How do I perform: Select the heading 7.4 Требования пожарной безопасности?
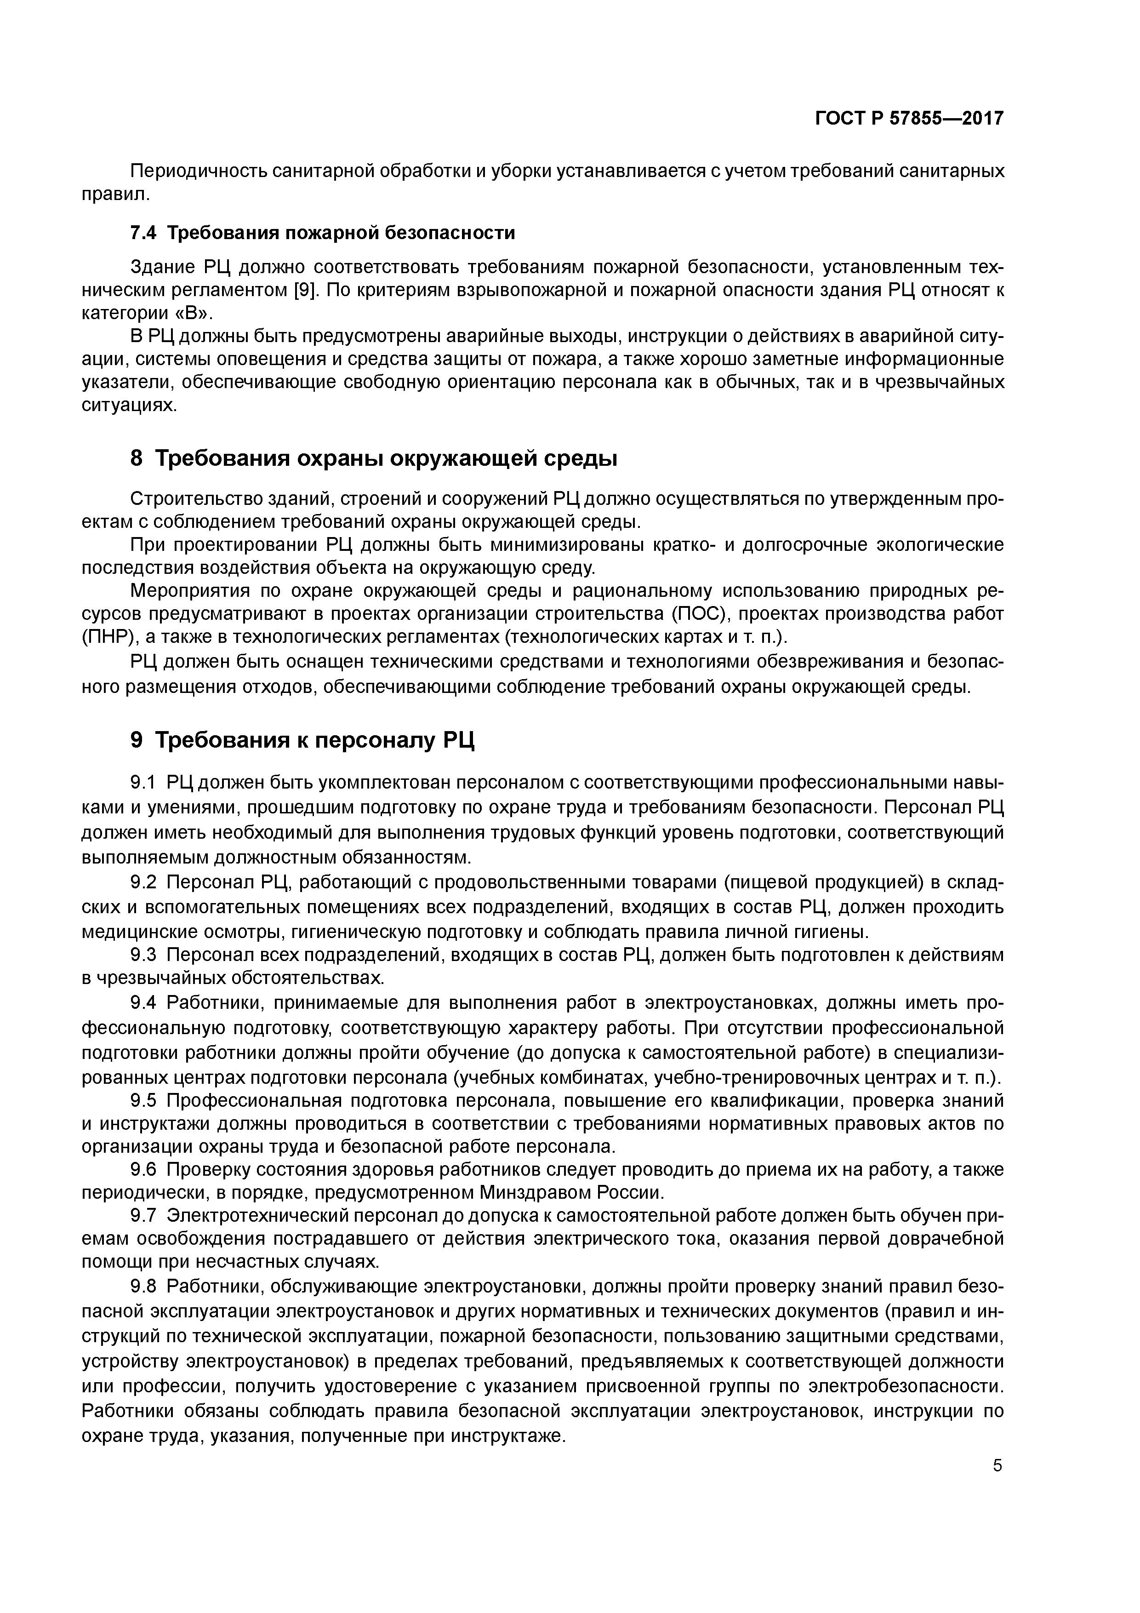click(x=323, y=233)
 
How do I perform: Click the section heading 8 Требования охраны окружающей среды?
click(x=374, y=459)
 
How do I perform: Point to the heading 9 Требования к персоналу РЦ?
click(x=303, y=740)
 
